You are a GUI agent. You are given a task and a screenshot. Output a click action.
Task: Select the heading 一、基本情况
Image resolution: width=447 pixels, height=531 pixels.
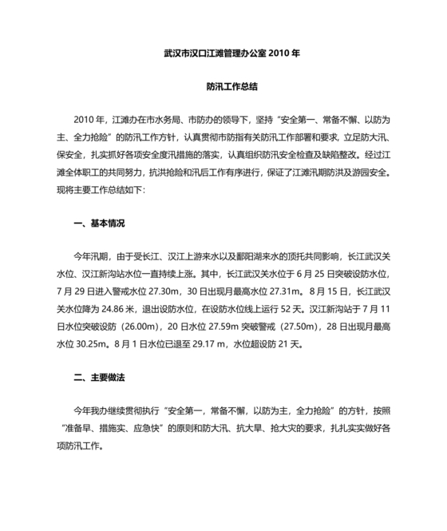pyautogui.click(x=99, y=224)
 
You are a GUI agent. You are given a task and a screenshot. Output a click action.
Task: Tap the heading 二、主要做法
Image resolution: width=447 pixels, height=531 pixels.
pyautogui.click(x=99, y=377)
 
